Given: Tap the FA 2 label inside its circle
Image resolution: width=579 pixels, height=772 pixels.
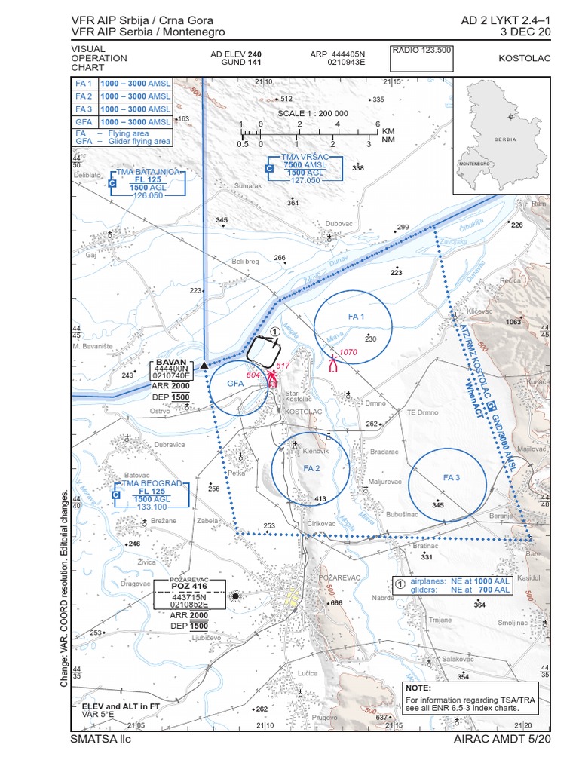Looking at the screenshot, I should pos(312,468).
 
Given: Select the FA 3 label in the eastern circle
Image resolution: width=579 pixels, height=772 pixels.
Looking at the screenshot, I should pos(452,478).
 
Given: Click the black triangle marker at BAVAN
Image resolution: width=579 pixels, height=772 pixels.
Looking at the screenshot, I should pos(204,364).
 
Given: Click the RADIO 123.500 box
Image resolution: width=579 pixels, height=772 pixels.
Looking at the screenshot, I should pos(421,51).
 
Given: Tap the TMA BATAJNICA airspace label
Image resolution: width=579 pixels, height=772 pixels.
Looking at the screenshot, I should pos(148,172).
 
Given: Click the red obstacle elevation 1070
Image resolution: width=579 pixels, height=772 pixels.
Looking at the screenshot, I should pos(348,353).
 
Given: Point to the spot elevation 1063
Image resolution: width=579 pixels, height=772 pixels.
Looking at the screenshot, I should pos(513,322).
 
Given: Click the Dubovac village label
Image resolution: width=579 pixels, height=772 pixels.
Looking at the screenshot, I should pos(339,223).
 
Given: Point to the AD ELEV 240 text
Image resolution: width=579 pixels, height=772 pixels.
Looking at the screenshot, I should pos(236,54).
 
